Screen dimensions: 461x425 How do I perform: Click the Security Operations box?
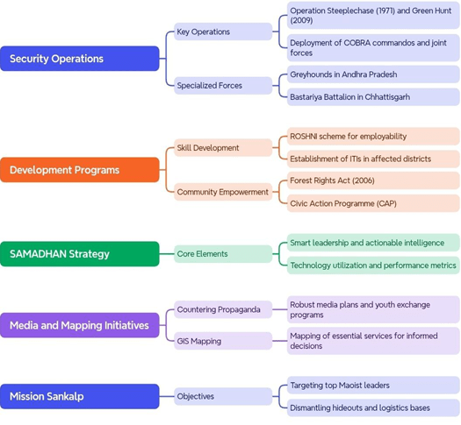coord(80,59)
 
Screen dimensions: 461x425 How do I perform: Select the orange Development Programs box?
coord(80,170)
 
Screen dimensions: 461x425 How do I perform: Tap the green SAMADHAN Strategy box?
coord(80,254)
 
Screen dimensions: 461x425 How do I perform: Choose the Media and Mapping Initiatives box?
coord(80,325)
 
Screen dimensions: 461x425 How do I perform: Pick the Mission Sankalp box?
coord(80,396)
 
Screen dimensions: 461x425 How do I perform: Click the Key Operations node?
coord(223,32)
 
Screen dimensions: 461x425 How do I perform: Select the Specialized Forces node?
coord(223,86)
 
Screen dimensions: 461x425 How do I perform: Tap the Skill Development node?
coord(223,147)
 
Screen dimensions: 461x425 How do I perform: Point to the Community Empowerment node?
coord(223,192)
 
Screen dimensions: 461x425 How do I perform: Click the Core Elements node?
coord(223,254)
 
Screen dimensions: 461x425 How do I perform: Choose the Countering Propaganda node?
coord(223,309)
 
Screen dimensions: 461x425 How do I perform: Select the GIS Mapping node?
coord(223,341)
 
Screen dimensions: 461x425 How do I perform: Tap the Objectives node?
coord(223,396)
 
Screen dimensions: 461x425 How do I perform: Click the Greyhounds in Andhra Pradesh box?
coord(373,74)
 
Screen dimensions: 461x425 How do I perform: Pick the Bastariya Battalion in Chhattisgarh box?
coord(373,96)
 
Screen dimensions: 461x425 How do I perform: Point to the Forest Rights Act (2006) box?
coord(373,181)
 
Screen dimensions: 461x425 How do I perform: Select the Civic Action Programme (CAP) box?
coord(373,203)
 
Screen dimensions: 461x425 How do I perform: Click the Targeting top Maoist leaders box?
coord(373,385)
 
